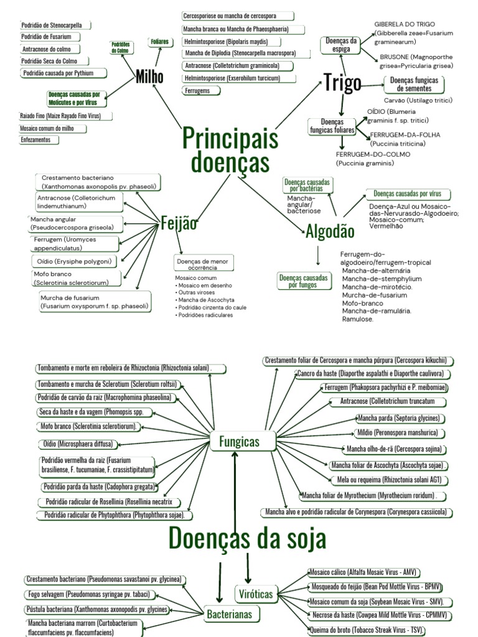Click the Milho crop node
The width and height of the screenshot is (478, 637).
(149, 77)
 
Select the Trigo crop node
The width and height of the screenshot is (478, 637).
(342, 81)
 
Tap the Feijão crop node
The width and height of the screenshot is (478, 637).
(179, 224)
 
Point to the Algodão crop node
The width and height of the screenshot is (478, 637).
(330, 231)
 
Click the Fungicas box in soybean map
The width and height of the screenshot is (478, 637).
(239, 442)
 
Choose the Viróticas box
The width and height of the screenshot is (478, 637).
(256, 594)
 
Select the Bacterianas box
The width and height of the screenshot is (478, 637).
(229, 614)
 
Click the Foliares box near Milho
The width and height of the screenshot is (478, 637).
(159, 42)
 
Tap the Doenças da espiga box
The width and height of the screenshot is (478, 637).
(342, 45)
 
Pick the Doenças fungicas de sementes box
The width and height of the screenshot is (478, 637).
(413, 85)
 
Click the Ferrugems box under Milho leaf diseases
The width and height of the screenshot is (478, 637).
(197, 91)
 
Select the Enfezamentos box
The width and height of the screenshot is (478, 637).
(39, 140)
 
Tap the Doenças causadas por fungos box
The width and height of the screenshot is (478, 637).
(303, 281)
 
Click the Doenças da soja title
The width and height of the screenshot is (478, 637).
(247, 537)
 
